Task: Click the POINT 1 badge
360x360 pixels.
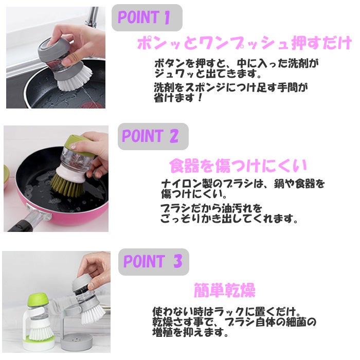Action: (x=147, y=17)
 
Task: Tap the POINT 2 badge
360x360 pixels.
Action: (x=153, y=136)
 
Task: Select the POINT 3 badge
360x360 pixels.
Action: (x=154, y=262)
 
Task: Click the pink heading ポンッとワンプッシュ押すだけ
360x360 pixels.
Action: (x=244, y=43)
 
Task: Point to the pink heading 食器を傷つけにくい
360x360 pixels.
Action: (x=238, y=166)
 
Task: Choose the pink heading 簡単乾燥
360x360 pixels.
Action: (x=225, y=291)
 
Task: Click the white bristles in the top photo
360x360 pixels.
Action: (x=74, y=80)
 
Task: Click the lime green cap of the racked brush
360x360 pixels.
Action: (x=38, y=300)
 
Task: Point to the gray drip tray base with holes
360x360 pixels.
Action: (x=77, y=342)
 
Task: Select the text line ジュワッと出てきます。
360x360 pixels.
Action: (x=208, y=74)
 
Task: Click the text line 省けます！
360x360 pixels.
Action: (x=178, y=98)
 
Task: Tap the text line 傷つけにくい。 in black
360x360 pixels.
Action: (x=194, y=194)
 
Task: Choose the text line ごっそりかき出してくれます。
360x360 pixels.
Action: (x=229, y=219)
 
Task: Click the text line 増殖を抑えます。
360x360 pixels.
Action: (x=191, y=332)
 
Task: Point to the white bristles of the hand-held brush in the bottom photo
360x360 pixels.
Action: (x=93, y=315)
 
